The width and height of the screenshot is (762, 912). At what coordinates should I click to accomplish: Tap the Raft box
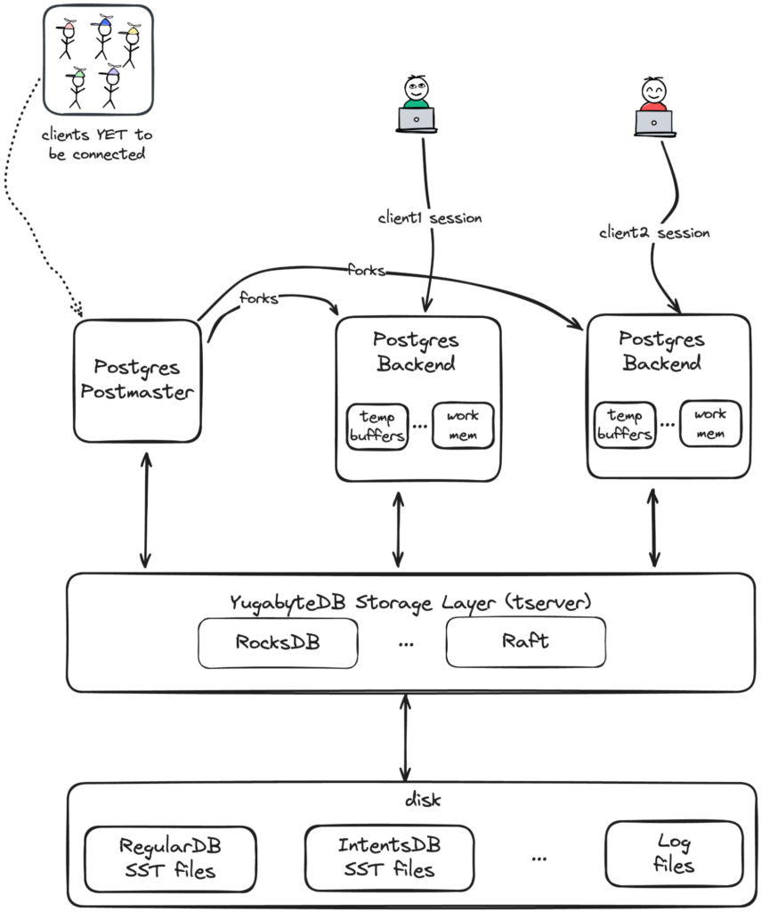(x=525, y=642)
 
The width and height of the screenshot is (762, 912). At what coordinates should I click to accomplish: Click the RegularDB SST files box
(x=168, y=856)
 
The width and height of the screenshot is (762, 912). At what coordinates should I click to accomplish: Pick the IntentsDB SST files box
(x=388, y=856)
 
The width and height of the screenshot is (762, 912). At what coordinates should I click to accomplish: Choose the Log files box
(x=673, y=853)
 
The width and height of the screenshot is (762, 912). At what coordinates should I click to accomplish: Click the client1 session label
(x=430, y=217)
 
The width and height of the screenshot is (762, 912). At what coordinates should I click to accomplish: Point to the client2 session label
(x=654, y=232)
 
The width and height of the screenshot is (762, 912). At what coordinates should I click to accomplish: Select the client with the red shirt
(x=653, y=104)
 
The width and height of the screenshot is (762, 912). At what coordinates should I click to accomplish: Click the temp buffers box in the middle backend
(x=377, y=426)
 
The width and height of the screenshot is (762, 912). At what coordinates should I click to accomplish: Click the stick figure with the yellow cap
(x=132, y=45)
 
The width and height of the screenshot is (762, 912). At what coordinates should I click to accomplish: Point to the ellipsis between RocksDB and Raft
(x=407, y=644)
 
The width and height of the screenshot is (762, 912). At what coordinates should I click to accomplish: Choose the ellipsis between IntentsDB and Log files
(x=539, y=858)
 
